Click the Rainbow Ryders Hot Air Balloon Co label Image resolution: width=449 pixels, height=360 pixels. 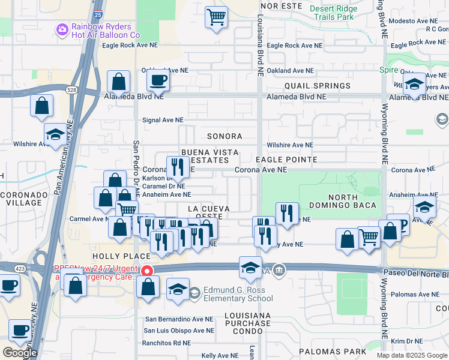[106, 31]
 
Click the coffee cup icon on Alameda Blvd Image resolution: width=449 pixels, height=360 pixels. [158, 80]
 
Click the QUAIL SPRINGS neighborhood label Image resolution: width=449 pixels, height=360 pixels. [318, 86]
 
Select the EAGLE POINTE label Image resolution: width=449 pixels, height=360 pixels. [286, 160]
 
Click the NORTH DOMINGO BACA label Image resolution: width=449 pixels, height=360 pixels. [352, 201]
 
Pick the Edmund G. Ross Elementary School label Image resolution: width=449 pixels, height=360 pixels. [239, 294]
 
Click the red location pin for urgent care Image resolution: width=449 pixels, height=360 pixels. [146, 271]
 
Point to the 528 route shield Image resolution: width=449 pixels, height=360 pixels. [71, 89]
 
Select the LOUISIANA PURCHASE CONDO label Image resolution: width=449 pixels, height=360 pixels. [247, 319]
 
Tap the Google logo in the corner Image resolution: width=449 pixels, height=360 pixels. [20, 353]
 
